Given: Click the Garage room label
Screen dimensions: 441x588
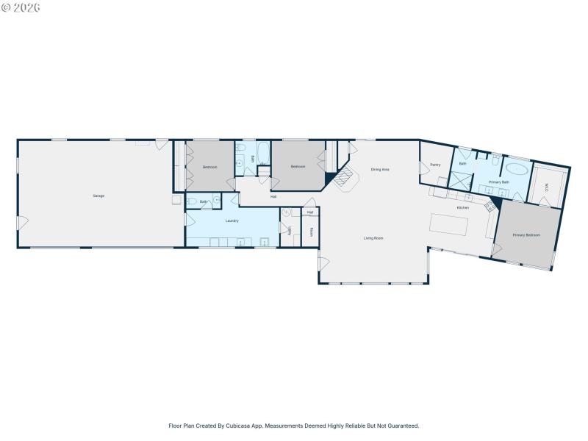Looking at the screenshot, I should pyautogui.click(x=98, y=196).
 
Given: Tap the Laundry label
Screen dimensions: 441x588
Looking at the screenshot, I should pyautogui.click(x=231, y=220).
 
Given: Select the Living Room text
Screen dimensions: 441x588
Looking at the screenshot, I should pyautogui.click(x=373, y=238).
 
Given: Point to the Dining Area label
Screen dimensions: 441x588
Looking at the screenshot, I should pyautogui.click(x=380, y=170).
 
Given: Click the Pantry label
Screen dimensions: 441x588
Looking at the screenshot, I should pyautogui.click(x=435, y=165).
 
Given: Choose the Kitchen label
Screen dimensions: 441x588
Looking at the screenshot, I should pyautogui.click(x=462, y=208).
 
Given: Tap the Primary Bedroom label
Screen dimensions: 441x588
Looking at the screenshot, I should pyautogui.click(x=526, y=235).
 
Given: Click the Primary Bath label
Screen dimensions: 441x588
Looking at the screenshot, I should pyautogui.click(x=499, y=181).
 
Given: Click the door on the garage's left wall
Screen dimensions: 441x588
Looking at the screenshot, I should pyautogui.click(x=22, y=220).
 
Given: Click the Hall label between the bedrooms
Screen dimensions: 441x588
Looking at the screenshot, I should pyautogui.click(x=273, y=196).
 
